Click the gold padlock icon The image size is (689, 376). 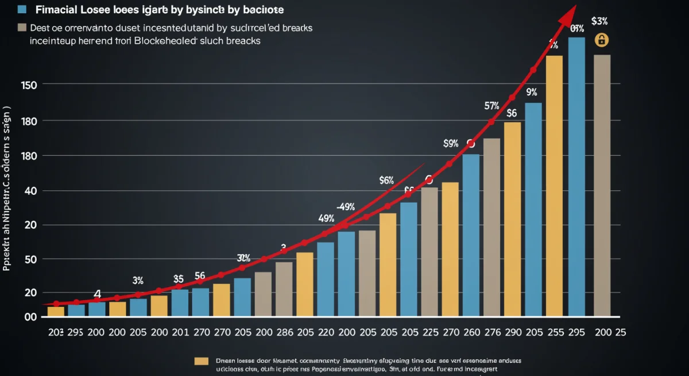point(602,40)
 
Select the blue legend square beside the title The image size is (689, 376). point(22,10)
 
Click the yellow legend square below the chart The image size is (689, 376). point(200,360)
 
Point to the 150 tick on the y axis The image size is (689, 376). point(29,85)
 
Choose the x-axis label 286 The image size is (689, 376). point(285,332)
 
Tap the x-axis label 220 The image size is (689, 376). point(326,332)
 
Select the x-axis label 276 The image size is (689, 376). point(493,332)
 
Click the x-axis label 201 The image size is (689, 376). point(180,332)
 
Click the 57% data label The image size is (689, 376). point(492,106)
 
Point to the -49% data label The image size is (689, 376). point(345,206)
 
